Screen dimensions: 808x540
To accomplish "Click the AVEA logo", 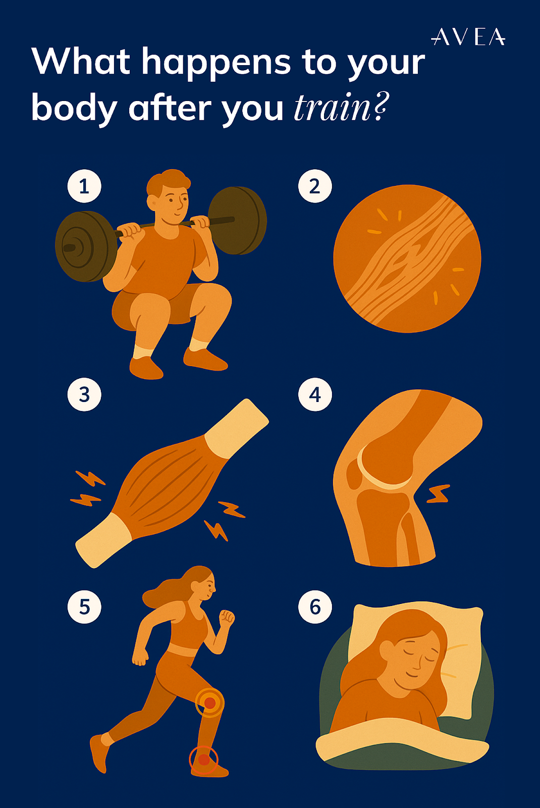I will pos(468,37).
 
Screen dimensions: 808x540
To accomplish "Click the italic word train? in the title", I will pos(341,108).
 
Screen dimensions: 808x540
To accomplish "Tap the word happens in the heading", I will pos(216,63).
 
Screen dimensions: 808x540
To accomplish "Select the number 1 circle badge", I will pos(84,186).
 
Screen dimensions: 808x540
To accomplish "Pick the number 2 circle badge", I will pos(315,186).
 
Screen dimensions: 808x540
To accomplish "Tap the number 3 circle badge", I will pos(84,394).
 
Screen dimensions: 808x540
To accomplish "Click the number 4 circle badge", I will pos(315,394).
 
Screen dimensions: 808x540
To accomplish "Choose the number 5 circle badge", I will pos(84,607).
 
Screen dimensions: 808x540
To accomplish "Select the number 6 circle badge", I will pos(315,607).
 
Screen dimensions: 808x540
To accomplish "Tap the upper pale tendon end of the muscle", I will pos(237,427).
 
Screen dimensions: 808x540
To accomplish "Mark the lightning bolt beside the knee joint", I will pos(438,494).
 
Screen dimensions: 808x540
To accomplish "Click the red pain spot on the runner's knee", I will pos(209,702).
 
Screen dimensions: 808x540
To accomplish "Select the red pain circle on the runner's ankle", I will pos(203,759).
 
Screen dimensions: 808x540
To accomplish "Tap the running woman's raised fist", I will pos(226,618).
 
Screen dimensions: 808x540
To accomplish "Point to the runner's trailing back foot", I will pos(99,752).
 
